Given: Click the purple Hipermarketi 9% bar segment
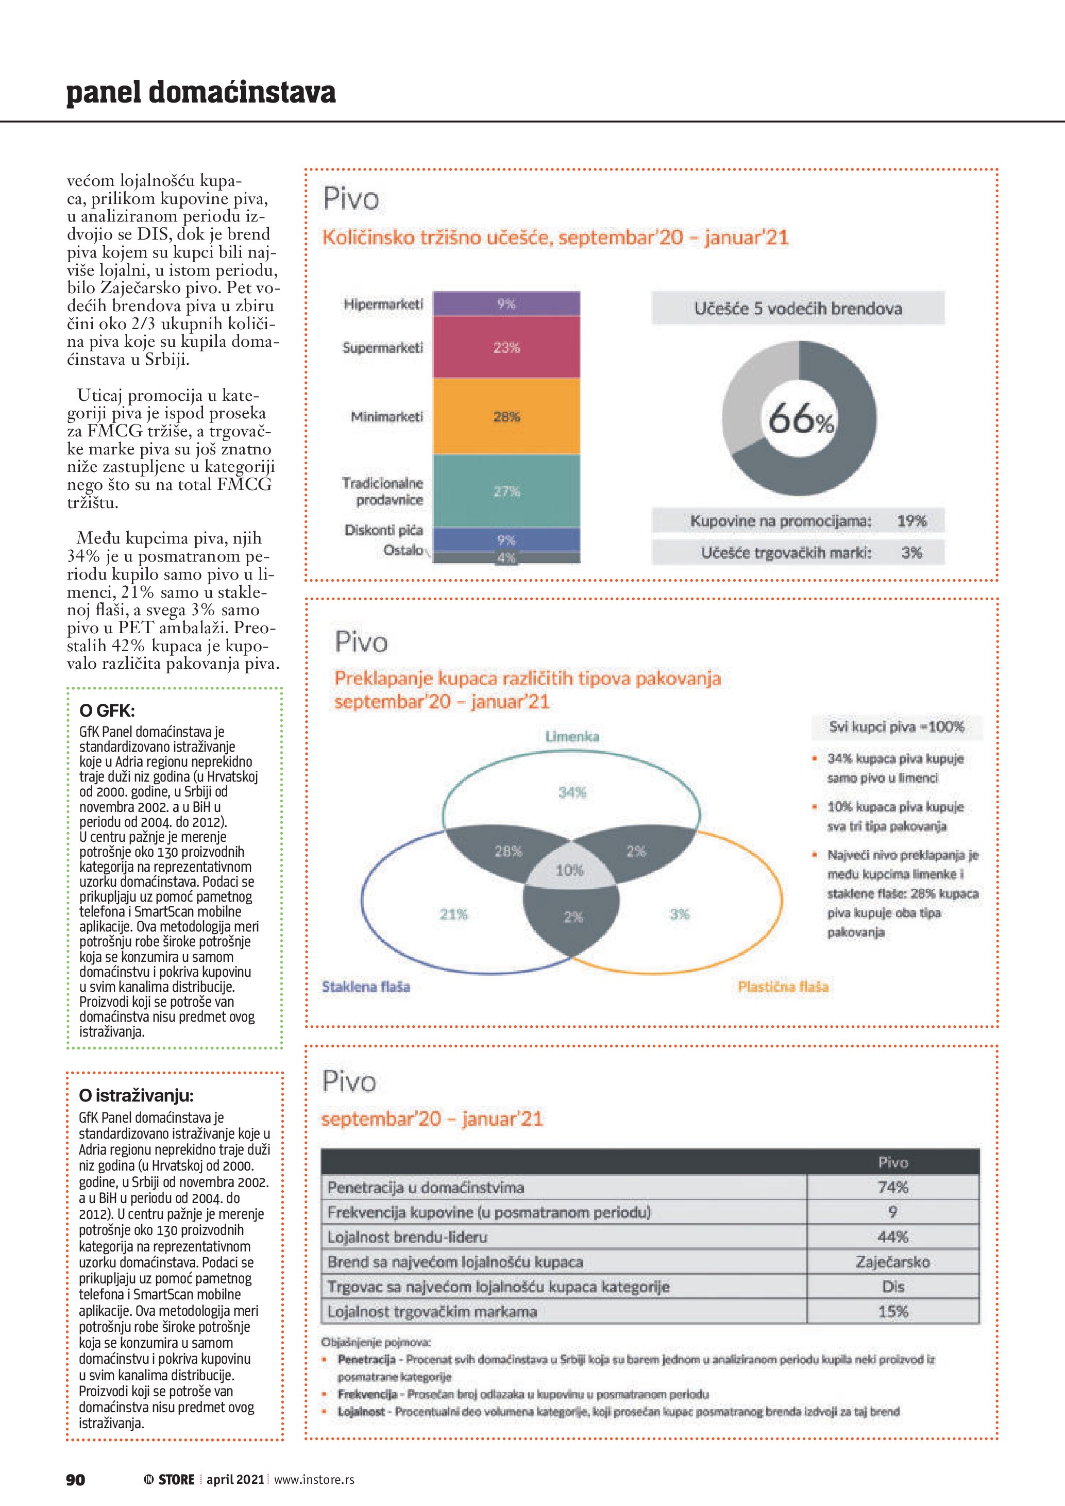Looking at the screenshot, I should click(x=506, y=303).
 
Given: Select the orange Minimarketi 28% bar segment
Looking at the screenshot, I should click(x=506, y=416).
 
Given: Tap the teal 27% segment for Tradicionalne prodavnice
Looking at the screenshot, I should click(x=506, y=492).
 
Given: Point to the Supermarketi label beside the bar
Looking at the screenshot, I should click(x=382, y=348).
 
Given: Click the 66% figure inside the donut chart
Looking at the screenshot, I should click(x=800, y=418).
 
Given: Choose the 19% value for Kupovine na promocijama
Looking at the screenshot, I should click(x=911, y=521).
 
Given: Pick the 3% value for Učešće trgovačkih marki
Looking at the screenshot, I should click(x=911, y=552).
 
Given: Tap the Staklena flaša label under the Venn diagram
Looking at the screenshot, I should click(x=366, y=987).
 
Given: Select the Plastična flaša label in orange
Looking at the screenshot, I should click(x=783, y=987).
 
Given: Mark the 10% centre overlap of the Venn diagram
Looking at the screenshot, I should click(x=569, y=870).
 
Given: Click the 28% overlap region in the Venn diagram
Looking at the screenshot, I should click(x=508, y=851).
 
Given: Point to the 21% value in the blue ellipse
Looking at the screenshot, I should click(x=454, y=913).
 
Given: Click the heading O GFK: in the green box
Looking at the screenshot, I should click(x=107, y=710).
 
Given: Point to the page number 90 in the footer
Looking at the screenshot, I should click(x=75, y=1480).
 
